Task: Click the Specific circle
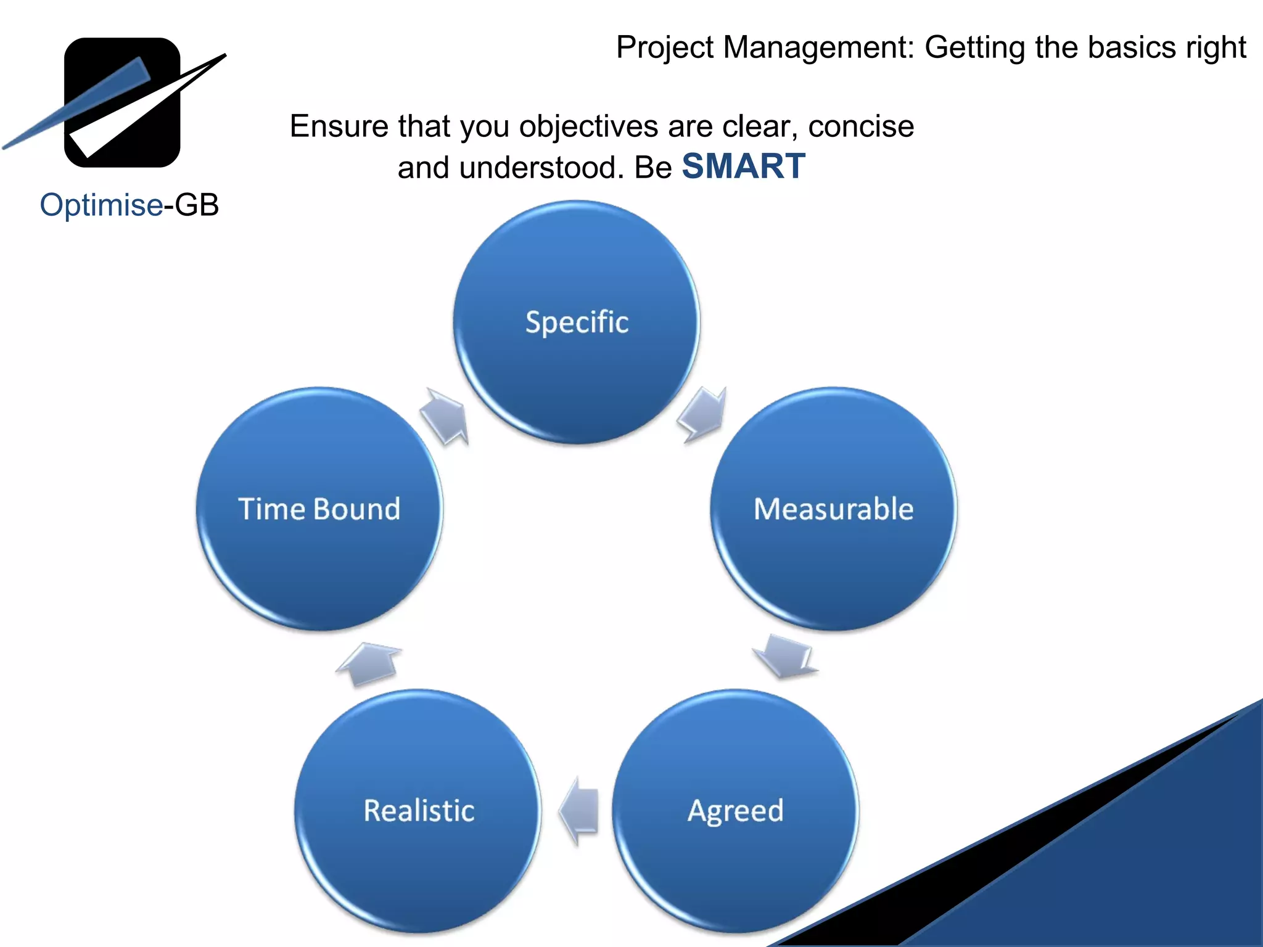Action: [577, 322]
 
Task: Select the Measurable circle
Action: [833, 509]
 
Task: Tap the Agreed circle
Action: [735, 811]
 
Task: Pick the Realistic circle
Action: [419, 811]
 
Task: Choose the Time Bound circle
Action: [319, 509]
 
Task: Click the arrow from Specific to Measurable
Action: [704, 414]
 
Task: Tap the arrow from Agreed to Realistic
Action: [580, 811]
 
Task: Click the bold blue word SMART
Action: [743, 166]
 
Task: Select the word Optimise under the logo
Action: [101, 205]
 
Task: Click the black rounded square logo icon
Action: [122, 102]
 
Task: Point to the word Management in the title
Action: [819, 47]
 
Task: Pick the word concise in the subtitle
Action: [861, 127]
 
